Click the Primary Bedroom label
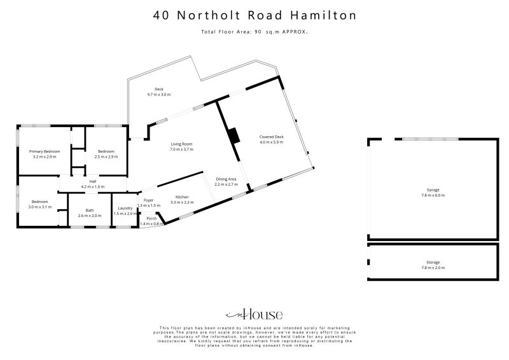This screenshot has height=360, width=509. (45, 151)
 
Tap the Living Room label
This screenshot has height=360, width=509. (181, 144)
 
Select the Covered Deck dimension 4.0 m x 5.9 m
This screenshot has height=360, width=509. (272, 142)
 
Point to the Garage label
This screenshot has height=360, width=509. (433, 190)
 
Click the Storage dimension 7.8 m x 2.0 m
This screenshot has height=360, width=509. (433, 268)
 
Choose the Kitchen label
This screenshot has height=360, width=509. (182, 197)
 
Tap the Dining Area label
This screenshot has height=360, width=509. (226, 179)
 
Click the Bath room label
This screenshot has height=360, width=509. (90, 211)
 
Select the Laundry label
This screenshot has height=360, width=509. (125, 209)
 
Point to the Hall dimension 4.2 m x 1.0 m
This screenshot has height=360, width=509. (93, 187)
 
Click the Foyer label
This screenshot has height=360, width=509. (148, 200)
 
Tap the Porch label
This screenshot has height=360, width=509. (151, 218)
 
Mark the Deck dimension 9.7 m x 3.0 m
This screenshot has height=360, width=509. (158, 95)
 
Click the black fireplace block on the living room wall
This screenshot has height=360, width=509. (233, 135)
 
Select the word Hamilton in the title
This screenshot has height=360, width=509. (323, 15)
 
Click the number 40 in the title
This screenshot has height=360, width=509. (162, 15)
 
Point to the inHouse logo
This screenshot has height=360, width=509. (254, 314)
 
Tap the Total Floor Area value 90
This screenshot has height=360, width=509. (258, 32)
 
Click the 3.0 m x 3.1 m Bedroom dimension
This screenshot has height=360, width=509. (40, 207)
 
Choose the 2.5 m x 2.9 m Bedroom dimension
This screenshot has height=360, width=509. (106, 157)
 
